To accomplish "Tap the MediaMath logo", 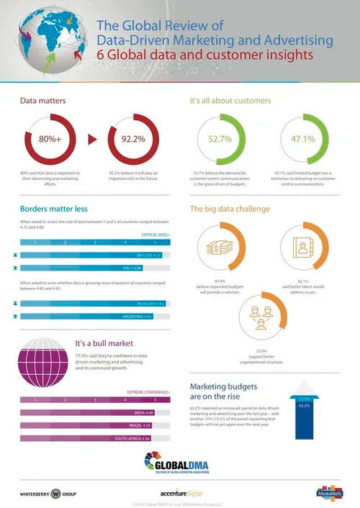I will pyautogui.click(x=326, y=492).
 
